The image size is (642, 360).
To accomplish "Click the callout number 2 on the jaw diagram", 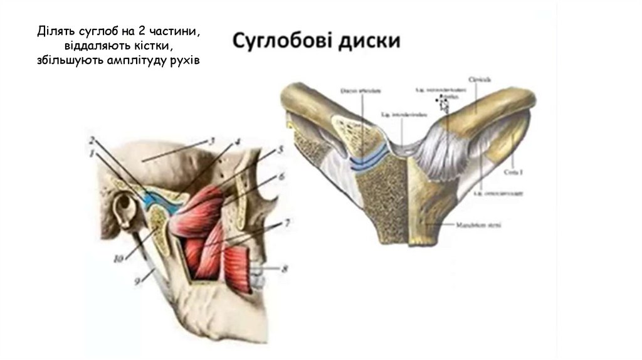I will point(92,139).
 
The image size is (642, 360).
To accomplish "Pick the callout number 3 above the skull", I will point(213,140).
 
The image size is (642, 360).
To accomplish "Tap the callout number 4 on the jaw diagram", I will point(238,142).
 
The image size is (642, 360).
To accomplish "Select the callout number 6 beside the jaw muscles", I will point(282,177).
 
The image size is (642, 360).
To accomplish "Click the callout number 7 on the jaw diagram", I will point(287,223).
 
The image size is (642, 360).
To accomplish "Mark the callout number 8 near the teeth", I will point(285,270).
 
